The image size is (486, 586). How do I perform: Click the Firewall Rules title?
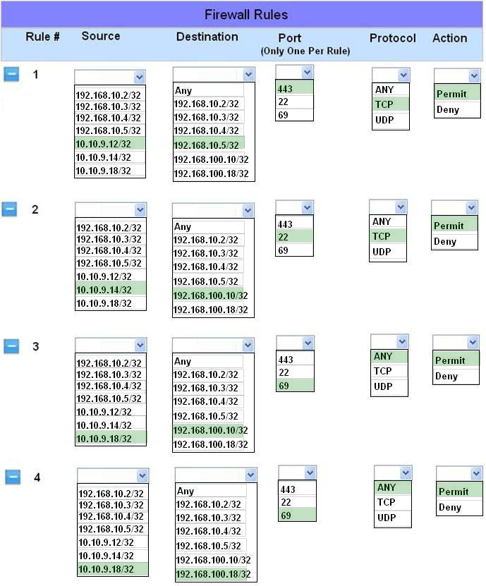[246, 15]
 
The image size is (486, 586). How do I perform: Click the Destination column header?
[207, 37]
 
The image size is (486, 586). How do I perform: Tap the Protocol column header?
[392, 38]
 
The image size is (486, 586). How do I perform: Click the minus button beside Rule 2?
[9, 209]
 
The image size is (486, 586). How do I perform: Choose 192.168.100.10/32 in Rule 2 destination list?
[210, 295]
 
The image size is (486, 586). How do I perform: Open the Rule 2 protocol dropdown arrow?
[401, 207]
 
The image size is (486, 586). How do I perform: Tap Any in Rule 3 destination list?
[183, 361]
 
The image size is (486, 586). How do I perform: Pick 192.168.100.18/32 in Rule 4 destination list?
[213, 574]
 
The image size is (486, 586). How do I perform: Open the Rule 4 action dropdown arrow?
[476, 473]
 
